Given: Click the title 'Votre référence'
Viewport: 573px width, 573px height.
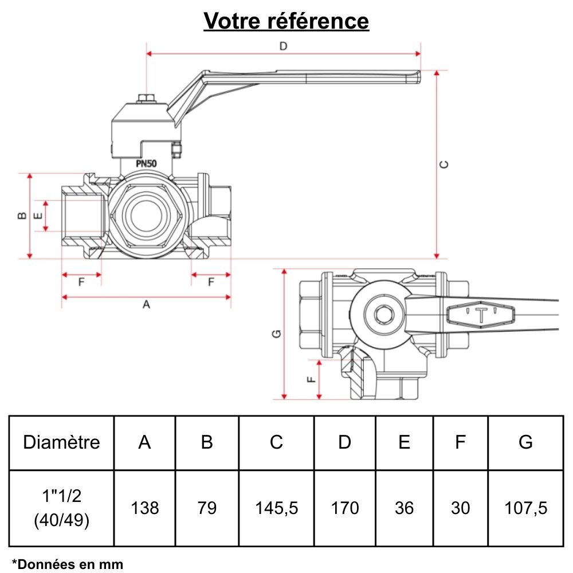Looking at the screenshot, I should tap(286, 21).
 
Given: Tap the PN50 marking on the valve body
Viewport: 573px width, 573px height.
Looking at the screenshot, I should tap(147, 163).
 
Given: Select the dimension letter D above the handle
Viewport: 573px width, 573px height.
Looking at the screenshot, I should tap(282, 46).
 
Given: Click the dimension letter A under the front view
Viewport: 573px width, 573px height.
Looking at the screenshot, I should tap(146, 305).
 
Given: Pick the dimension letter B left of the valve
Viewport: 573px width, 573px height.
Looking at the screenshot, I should tap(21, 215).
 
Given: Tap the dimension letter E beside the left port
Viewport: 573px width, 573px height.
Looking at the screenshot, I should tap(38, 216).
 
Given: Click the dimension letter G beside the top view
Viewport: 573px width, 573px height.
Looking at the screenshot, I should tap(276, 334).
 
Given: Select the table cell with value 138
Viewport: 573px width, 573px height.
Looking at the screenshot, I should tap(145, 508).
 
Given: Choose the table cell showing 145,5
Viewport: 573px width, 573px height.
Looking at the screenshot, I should tap(276, 508).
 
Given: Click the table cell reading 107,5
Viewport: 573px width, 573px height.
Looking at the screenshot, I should tap(525, 508).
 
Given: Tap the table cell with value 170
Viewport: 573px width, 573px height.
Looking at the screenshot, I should tap(345, 508).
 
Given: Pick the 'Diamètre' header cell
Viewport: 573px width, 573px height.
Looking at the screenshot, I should tap(61, 442).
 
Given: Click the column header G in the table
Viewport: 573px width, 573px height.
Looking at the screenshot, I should tap(525, 442).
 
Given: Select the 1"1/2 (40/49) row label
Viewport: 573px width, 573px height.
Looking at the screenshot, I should tap(61, 508).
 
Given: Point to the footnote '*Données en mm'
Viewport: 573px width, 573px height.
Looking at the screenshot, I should tap(68, 564).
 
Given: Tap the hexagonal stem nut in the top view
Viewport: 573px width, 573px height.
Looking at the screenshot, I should tap(382, 314).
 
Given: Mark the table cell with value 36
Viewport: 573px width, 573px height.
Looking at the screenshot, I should tap(404, 508).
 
